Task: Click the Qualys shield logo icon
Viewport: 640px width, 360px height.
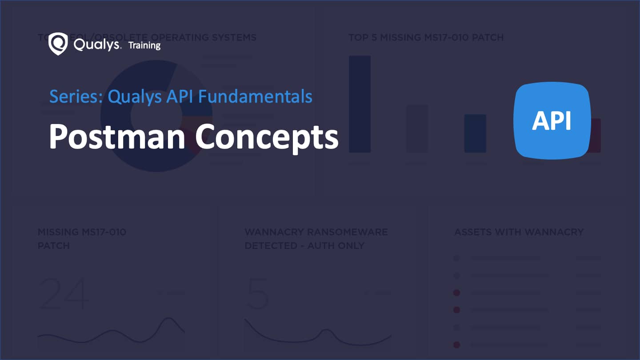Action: [x=58, y=44]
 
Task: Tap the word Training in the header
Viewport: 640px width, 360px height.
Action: [x=144, y=45]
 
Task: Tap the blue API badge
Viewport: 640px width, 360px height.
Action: [x=552, y=120]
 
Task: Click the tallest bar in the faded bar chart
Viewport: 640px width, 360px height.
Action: [x=360, y=104]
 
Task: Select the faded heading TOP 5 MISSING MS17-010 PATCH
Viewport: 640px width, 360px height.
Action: [x=426, y=37]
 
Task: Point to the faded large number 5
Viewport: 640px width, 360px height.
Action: [x=258, y=294]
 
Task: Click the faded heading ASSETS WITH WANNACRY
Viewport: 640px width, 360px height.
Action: [x=519, y=232]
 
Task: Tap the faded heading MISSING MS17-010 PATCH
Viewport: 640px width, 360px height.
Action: [x=82, y=239]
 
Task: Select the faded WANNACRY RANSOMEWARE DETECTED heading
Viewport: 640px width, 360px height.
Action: [x=316, y=239]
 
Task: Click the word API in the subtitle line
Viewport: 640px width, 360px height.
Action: [x=180, y=96]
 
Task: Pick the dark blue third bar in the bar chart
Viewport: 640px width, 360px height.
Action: [x=475, y=133]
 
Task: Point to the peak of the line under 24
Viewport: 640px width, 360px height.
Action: [x=168, y=318]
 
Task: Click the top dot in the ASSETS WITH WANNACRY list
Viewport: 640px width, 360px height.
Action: [x=456, y=258]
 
